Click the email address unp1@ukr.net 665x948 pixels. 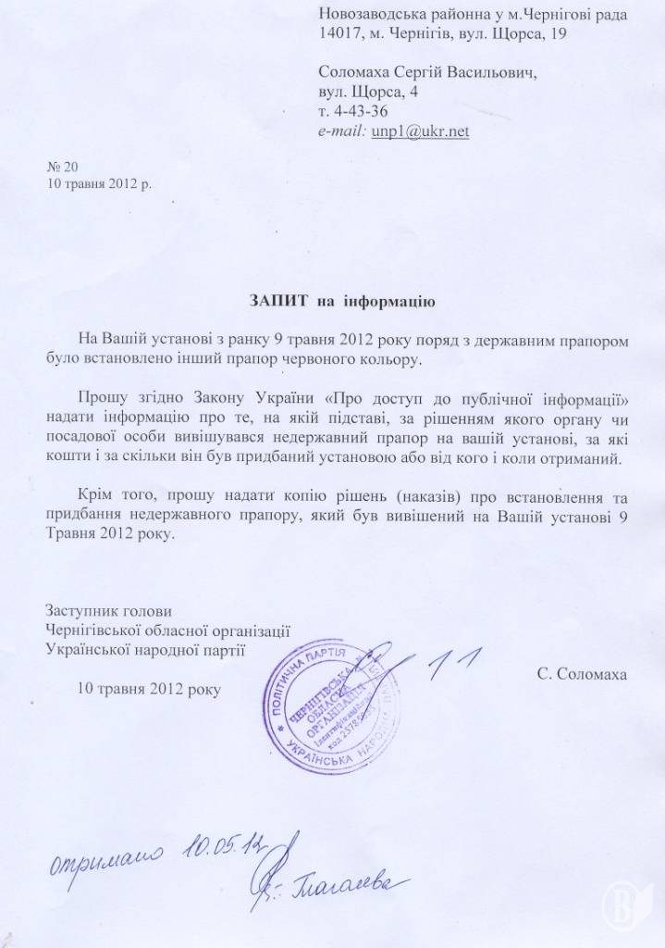click(x=420, y=132)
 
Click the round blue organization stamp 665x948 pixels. click(x=337, y=691)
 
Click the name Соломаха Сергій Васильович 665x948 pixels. click(x=426, y=71)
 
